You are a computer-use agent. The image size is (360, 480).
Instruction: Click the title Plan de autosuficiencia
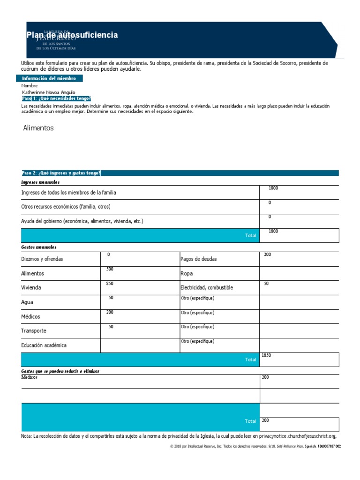click(72, 35)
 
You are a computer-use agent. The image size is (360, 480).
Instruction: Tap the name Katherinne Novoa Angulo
click(48, 92)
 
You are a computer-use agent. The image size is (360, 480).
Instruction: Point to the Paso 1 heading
click(56, 99)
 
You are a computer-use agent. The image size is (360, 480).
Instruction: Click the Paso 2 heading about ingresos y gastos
click(61, 173)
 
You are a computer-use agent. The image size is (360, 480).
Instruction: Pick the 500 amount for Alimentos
click(110, 269)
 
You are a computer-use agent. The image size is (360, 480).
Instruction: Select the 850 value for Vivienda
click(110, 284)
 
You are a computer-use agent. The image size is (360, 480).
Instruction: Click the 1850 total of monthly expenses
click(266, 355)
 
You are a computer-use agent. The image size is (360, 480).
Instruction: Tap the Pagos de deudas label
click(198, 259)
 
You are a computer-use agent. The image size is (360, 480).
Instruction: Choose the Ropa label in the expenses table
click(187, 273)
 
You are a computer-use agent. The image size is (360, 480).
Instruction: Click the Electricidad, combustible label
click(206, 288)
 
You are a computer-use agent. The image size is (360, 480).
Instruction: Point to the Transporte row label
click(34, 331)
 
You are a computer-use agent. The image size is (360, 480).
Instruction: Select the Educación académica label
click(44, 345)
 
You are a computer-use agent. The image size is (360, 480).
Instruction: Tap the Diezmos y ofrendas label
click(42, 259)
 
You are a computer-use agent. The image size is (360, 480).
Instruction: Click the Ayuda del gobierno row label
click(82, 221)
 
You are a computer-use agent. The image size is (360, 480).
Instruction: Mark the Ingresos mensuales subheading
click(40, 182)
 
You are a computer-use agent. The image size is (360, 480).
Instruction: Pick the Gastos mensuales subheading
click(39, 247)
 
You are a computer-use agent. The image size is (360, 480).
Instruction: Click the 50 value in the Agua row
click(111, 298)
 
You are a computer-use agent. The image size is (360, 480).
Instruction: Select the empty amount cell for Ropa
click(299, 273)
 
